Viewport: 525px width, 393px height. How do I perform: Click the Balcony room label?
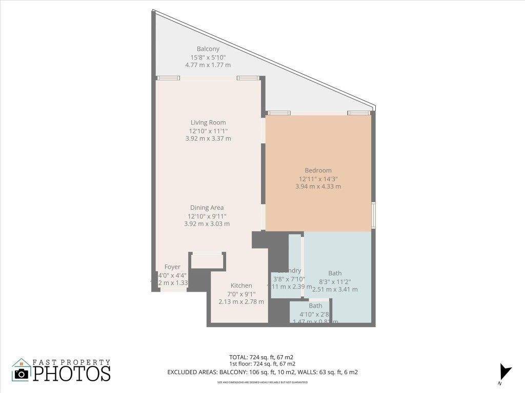(x=208, y=49)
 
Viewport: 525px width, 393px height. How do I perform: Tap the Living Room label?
(x=208, y=123)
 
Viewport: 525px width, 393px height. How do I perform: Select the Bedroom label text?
(x=318, y=170)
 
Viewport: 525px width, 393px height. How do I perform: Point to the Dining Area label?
(x=207, y=208)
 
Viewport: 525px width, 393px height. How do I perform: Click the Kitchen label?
(x=241, y=286)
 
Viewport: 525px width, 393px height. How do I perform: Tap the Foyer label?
(x=172, y=267)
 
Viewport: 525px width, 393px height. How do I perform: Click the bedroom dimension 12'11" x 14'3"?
(x=318, y=179)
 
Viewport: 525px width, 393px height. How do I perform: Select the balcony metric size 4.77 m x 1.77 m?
(x=208, y=65)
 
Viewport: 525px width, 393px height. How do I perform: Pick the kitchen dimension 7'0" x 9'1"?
(x=241, y=294)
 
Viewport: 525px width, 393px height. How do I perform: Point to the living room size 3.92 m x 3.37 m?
(x=208, y=139)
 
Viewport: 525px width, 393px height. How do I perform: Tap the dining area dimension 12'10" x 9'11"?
(x=207, y=216)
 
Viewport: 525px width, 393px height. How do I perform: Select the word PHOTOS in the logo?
(x=72, y=373)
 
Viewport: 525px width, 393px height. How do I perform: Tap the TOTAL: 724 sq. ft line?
(x=261, y=357)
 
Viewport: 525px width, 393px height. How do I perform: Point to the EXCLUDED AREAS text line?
(x=262, y=373)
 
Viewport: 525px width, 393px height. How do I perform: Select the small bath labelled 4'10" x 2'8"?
(x=315, y=311)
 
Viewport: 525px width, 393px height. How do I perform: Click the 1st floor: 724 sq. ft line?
(x=261, y=364)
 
